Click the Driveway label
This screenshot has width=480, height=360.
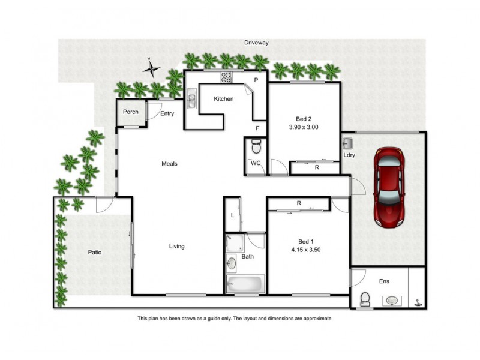coord(256,43)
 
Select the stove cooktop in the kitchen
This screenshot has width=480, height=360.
coord(227,77)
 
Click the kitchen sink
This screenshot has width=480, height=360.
coord(191,100)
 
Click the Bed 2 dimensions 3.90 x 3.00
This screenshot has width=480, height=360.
coord(304,127)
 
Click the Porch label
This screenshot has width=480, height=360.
coord(130,112)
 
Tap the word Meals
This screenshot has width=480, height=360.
coord(169,163)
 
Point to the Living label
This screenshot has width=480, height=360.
coord(176,246)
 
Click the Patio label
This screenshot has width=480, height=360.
coord(94,253)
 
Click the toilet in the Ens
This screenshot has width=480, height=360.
coord(364,299)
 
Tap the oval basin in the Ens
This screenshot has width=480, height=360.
coord(393,300)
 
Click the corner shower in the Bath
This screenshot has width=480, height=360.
coord(233,243)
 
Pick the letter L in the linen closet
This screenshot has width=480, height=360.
coord(232,215)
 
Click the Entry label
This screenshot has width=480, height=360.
coord(167,113)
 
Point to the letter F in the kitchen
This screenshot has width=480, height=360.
coord(257,128)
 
